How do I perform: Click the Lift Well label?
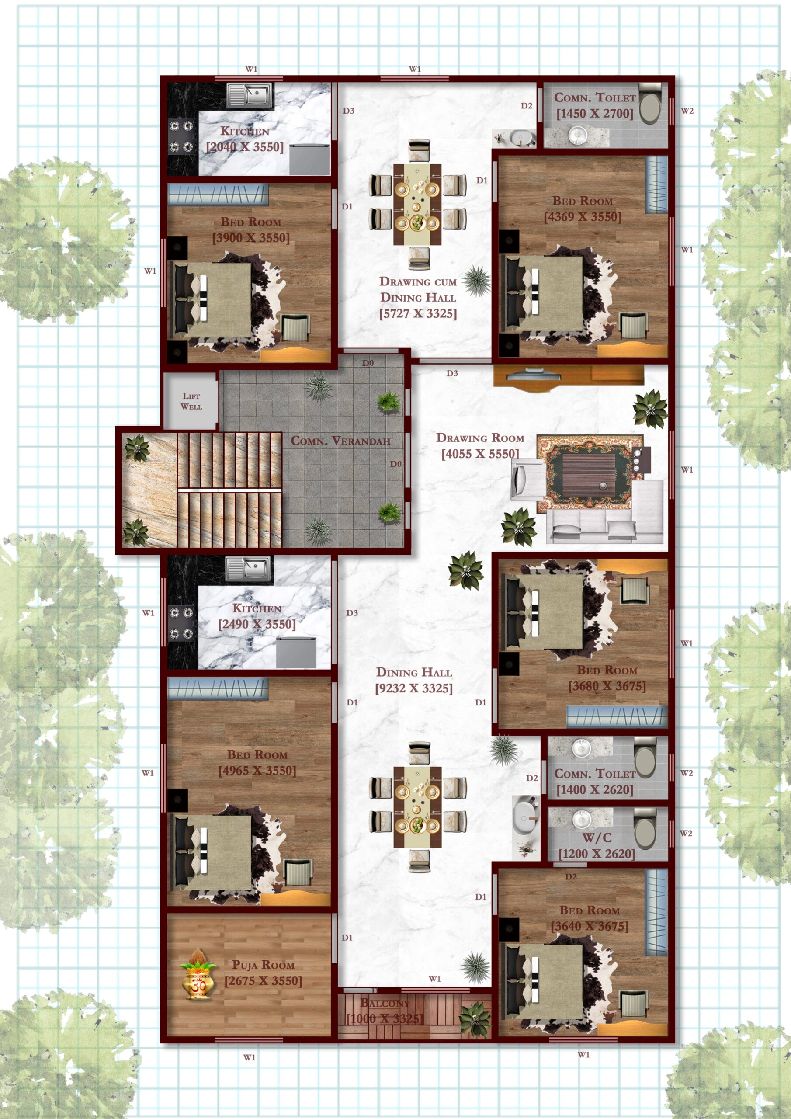click(191, 401)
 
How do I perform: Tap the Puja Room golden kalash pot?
click(198, 974)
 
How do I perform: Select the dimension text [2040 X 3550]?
click(245, 147)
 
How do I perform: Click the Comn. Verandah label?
click(341, 441)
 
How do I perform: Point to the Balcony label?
click(385, 1003)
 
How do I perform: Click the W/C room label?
click(597, 838)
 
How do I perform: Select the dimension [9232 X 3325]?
click(414, 688)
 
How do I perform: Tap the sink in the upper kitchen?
click(250, 95)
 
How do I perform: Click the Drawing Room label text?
click(480, 438)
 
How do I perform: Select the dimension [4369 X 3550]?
click(583, 217)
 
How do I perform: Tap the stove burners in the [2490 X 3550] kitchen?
click(181, 623)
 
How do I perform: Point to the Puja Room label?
click(263, 965)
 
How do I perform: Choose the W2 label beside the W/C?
click(686, 834)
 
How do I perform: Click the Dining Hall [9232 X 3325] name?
click(414, 673)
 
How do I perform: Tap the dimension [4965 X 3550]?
click(257, 771)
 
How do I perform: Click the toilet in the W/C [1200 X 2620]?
click(645, 828)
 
